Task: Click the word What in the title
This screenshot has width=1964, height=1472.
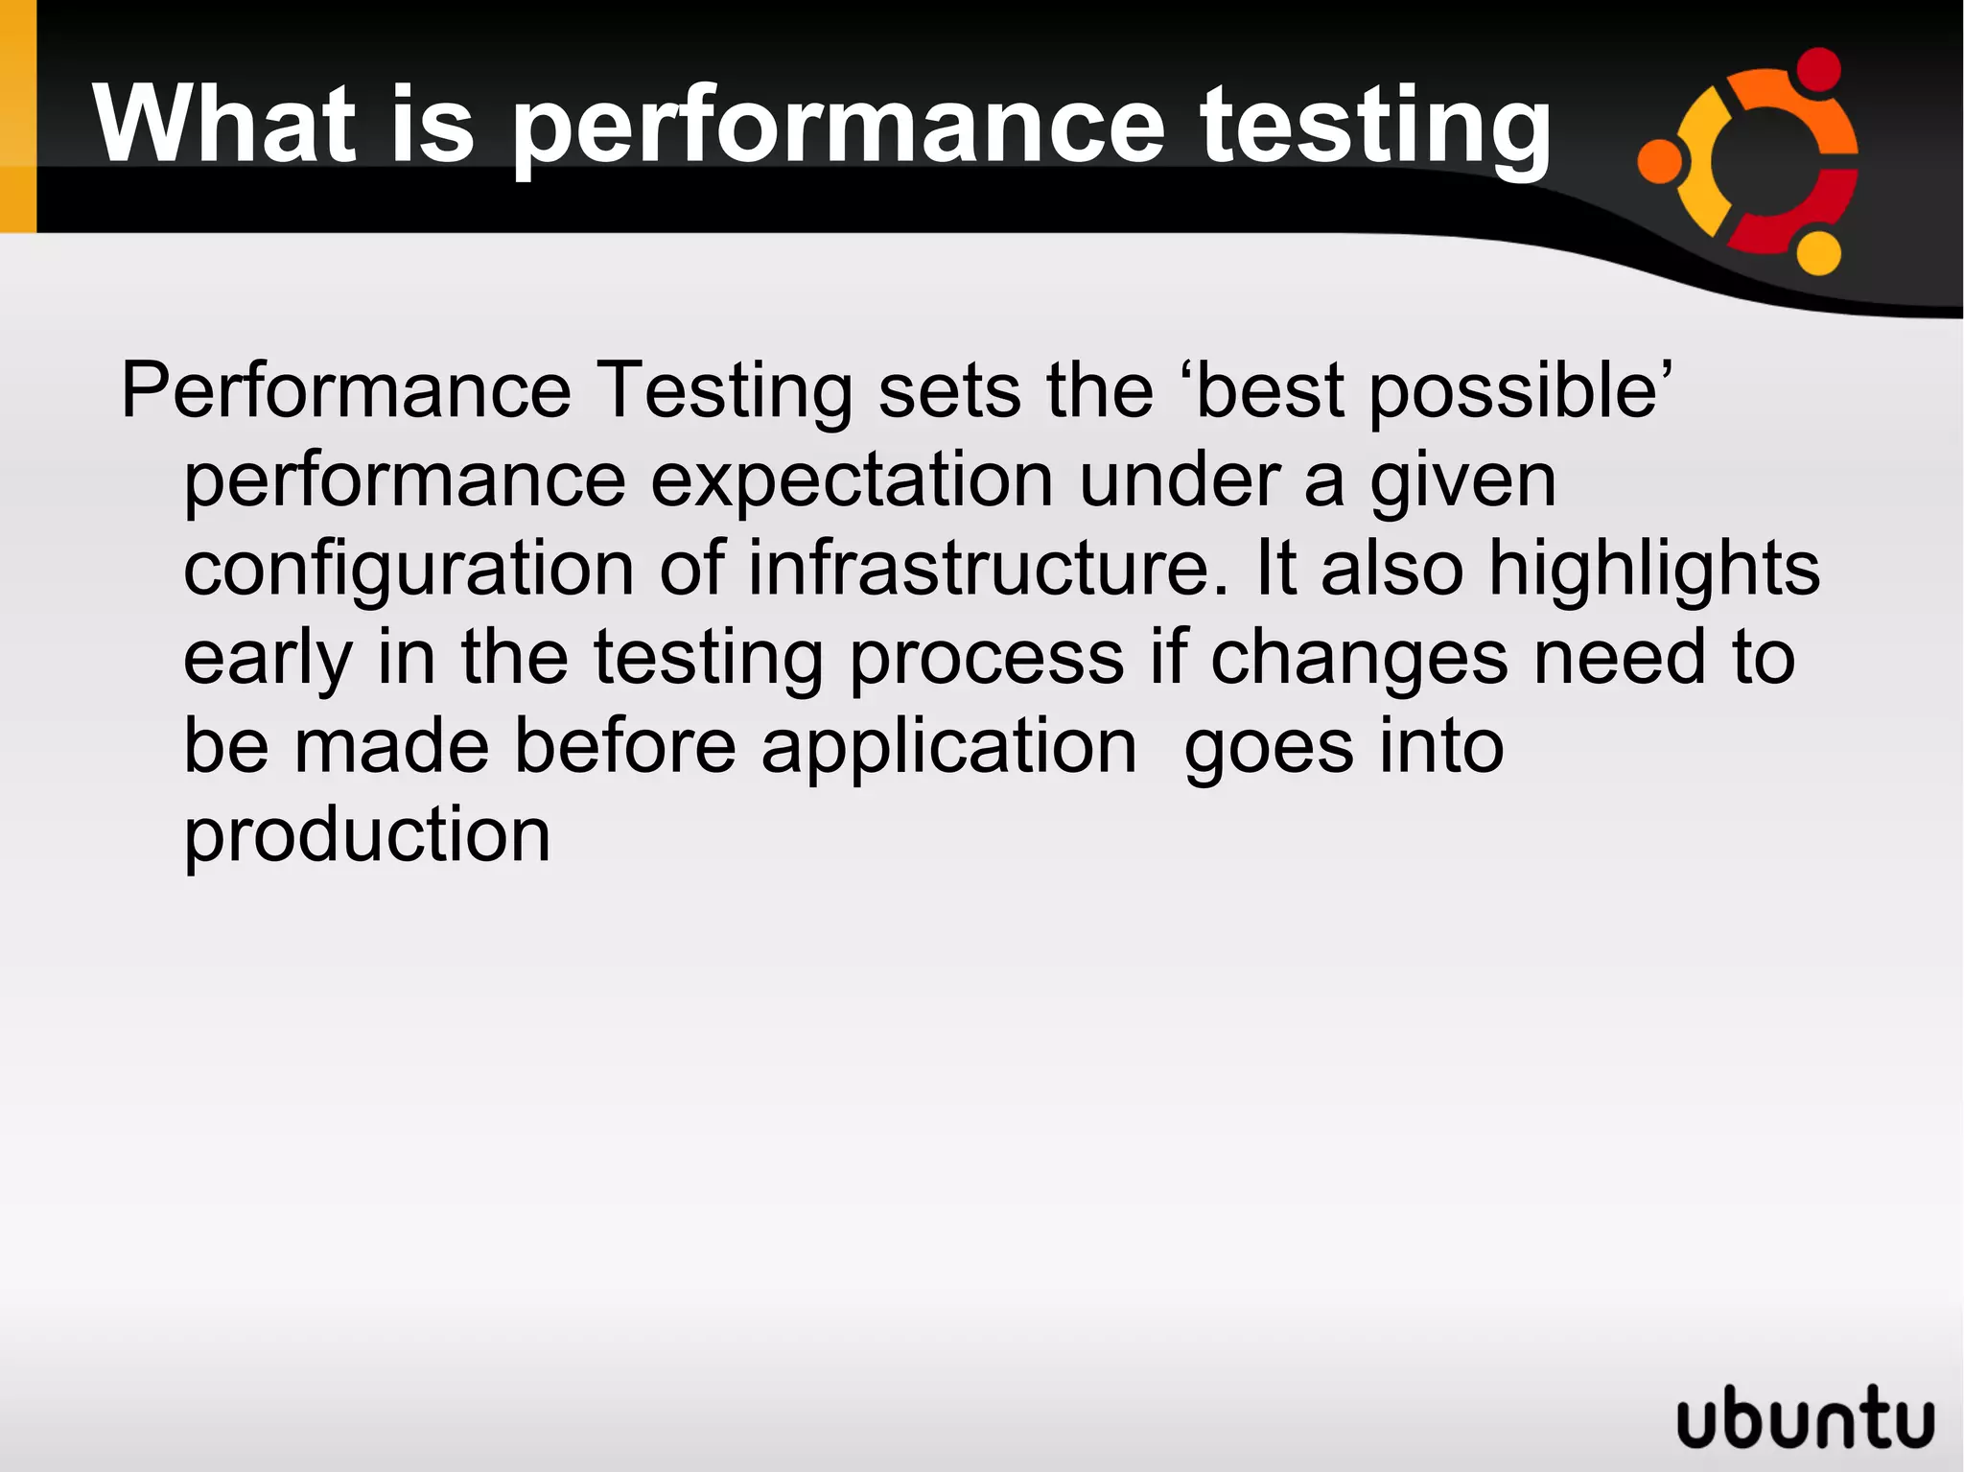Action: tap(225, 126)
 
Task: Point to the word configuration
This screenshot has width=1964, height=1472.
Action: tap(409, 570)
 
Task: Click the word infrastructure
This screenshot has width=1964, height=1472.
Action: tap(987, 568)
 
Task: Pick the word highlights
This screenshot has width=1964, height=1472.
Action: tap(1653, 568)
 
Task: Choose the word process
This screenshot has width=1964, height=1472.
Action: tap(987, 658)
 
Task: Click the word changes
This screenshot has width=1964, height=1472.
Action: tap(1359, 658)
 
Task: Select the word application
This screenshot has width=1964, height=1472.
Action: tap(948, 747)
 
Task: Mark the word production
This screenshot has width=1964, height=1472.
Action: tap(367, 835)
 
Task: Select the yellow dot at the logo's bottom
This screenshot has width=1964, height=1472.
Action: tap(1818, 253)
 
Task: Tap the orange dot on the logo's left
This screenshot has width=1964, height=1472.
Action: tap(1660, 161)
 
